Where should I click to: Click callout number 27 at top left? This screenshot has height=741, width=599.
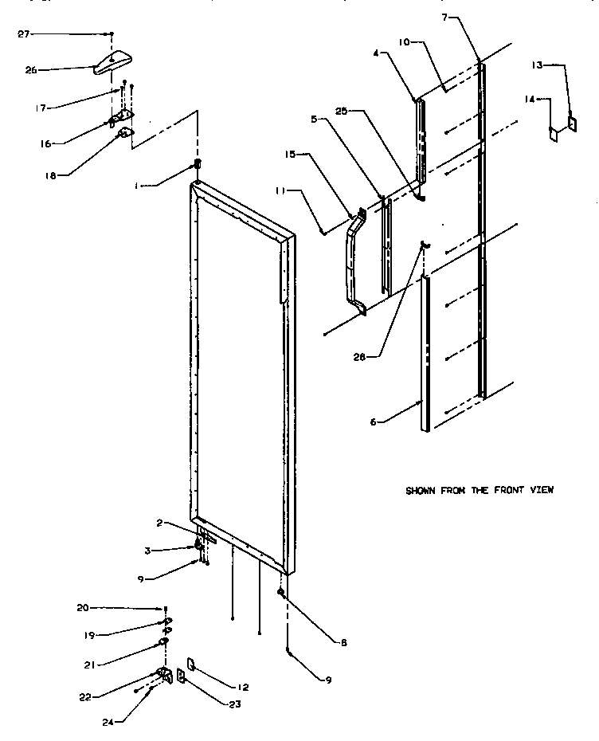click(x=23, y=34)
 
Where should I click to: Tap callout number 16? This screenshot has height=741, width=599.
click(x=46, y=143)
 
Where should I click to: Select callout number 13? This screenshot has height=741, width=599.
click(x=539, y=65)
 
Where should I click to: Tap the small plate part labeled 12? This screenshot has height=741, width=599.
click(x=192, y=663)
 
